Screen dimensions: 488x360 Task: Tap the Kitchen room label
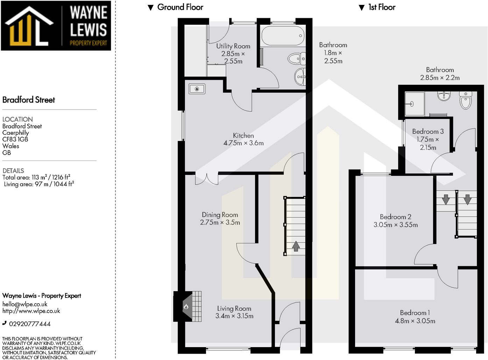point(243,135)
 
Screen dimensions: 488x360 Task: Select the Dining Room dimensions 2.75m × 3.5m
point(220,222)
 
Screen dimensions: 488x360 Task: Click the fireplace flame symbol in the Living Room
point(186,306)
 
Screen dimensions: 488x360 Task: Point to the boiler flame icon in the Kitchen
point(197,89)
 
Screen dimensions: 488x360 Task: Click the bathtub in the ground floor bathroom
point(283,36)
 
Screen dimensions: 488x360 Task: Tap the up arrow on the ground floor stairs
point(296,246)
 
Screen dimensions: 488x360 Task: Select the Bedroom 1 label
point(415,313)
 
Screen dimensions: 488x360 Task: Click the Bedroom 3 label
point(428,132)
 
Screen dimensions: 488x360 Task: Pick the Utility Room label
point(233,46)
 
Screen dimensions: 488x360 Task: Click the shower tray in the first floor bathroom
point(415,104)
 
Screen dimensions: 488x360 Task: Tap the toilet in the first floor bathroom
point(466,100)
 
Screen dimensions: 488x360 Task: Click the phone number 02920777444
point(30,324)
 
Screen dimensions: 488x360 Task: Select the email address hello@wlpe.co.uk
point(25,304)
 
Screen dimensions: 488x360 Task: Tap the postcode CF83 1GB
point(15,139)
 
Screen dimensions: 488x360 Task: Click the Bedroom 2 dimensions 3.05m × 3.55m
point(396,225)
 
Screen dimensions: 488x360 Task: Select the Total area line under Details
point(36,177)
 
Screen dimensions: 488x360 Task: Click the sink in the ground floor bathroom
point(300,77)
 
